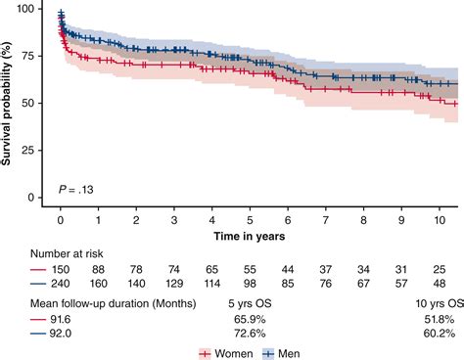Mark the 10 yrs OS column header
438,302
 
